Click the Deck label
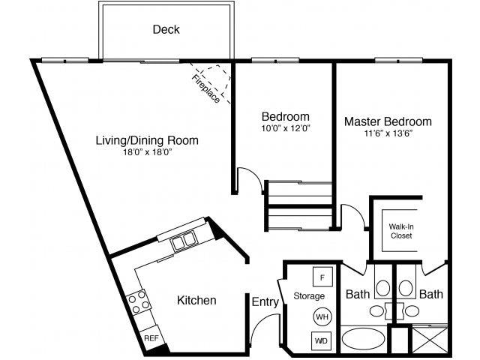pos(166,30)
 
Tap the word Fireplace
pos(205,88)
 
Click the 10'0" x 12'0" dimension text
pos(285,129)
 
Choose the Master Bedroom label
pos(388,121)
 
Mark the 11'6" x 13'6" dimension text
pos(388,133)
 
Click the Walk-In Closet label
pos(400,230)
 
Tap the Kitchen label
pos(196,301)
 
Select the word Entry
pos(265,302)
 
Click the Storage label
pos(309,295)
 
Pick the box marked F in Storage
pos(322,277)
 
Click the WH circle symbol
pos(322,317)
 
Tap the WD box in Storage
pos(322,341)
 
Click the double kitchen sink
pos(181,241)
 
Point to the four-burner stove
pos(138,302)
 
